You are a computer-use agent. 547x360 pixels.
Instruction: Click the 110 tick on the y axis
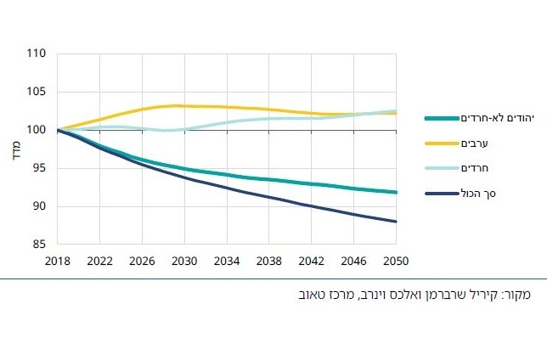tap(36, 53)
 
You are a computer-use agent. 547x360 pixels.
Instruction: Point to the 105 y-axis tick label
tap(36, 92)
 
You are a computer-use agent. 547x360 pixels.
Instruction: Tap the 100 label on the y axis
tap(36, 130)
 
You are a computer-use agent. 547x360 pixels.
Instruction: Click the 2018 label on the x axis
tap(58, 261)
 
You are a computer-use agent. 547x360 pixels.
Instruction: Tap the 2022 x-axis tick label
tap(100, 261)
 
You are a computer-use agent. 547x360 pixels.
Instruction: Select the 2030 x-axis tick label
tap(184, 261)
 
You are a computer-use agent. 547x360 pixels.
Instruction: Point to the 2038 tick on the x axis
tap(269, 261)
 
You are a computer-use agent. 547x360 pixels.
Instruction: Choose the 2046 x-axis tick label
tap(353, 261)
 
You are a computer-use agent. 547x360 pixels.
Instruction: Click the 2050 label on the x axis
tap(396, 261)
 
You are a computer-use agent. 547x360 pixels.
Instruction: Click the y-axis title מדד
tap(15, 149)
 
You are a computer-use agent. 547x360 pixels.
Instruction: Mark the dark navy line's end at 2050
tap(396, 222)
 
